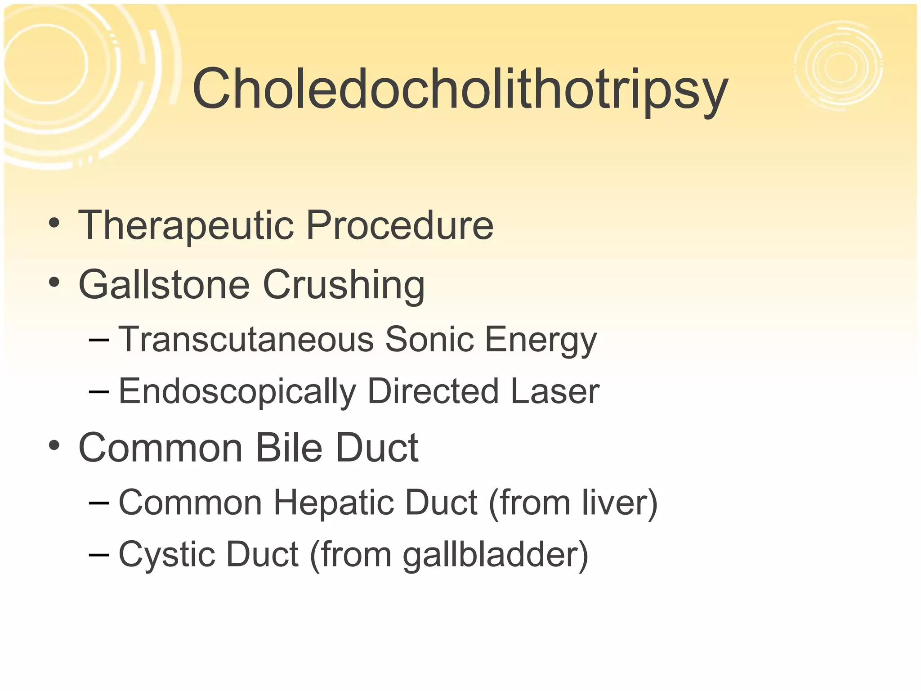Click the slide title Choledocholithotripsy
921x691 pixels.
click(x=460, y=89)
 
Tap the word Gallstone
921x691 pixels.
click(x=164, y=284)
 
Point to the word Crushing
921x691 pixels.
click(x=344, y=284)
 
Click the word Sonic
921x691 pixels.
click(x=429, y=339)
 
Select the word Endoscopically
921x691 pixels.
click(x=237, y=391)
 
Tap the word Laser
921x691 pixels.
click(x=555, y=391)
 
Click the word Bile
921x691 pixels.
click(x=289, y=448)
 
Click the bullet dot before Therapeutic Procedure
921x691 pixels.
click(x=54, y=223)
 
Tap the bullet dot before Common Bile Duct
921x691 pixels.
click(x=54, y=446)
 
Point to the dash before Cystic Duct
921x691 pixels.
click(x=99, y=554)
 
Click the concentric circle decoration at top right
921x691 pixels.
click(x=839, y=66)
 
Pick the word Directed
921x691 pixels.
click(x=433, y=391)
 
